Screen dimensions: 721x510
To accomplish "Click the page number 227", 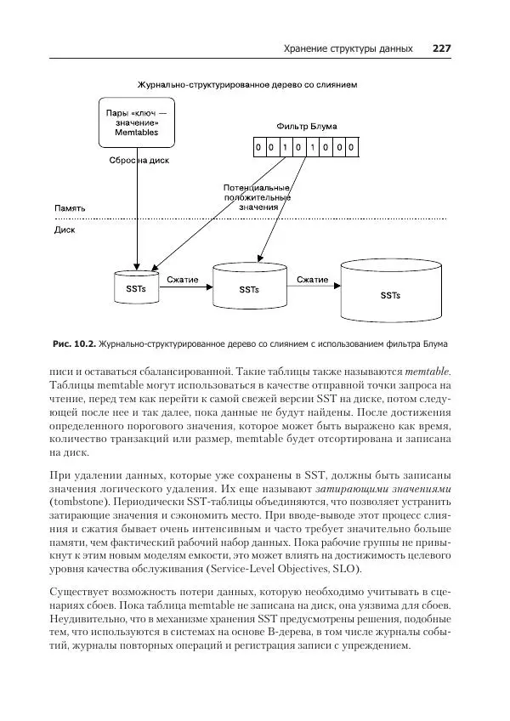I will (440, 48).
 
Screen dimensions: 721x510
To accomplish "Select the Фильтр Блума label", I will (306, 127).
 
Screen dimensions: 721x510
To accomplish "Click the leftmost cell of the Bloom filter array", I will (258, 148).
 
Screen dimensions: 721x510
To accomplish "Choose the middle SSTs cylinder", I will (248, 286).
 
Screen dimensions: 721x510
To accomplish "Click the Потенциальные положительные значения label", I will (257, 196).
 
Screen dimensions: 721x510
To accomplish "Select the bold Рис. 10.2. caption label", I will (74, 344).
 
